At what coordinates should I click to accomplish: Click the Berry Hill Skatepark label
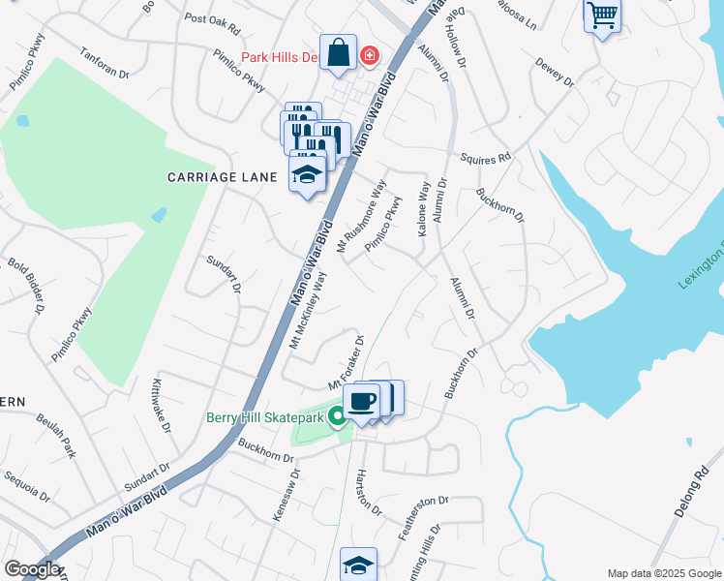click(265, 417)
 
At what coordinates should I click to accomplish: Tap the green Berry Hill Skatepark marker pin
click(337, 416)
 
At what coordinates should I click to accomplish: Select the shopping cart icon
click(602, 15)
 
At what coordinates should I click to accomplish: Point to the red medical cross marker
click(369, 56)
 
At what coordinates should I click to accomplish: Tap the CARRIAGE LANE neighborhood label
click(223, 177)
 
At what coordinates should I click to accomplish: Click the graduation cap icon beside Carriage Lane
click(307, 174)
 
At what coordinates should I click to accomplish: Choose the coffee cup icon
click(362, 400)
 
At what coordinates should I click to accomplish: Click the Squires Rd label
click(485, 156)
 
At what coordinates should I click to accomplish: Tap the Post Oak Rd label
click(211, 19)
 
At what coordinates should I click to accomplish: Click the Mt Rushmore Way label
click(361, 217)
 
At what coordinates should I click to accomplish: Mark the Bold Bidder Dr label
click(26, 285)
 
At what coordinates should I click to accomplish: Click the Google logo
click(32, 568)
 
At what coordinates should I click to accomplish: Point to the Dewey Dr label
click(556, 74)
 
